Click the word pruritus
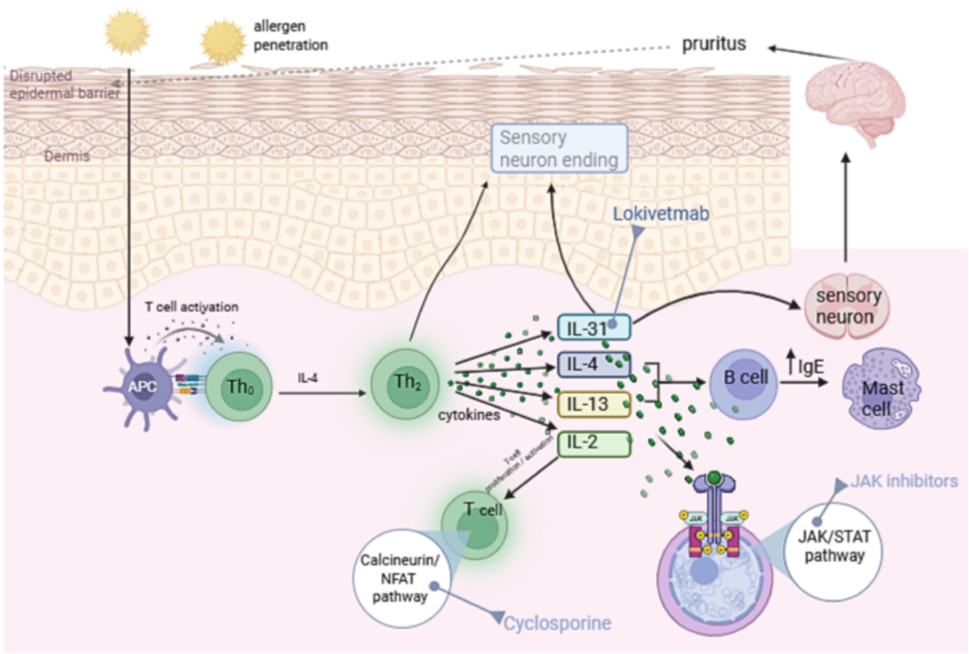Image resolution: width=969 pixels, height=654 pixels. click(x=714, y=44)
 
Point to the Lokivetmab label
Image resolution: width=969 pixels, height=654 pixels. click(x=661, y=213)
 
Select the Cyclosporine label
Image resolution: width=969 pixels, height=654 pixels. click(x=557, y=624)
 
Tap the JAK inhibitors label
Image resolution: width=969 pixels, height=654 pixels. click(x=904, y=482)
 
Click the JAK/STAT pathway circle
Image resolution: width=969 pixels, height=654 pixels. click(x=833, y=547)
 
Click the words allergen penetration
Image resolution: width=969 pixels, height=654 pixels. click(x=290, y=36)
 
